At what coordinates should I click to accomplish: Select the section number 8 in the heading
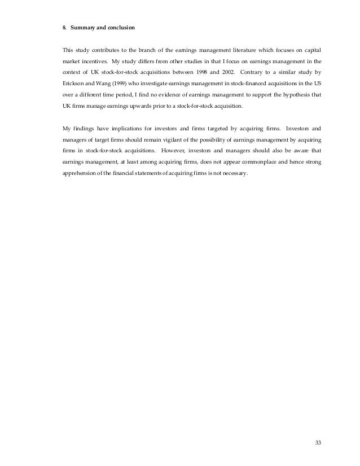(64, 27)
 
